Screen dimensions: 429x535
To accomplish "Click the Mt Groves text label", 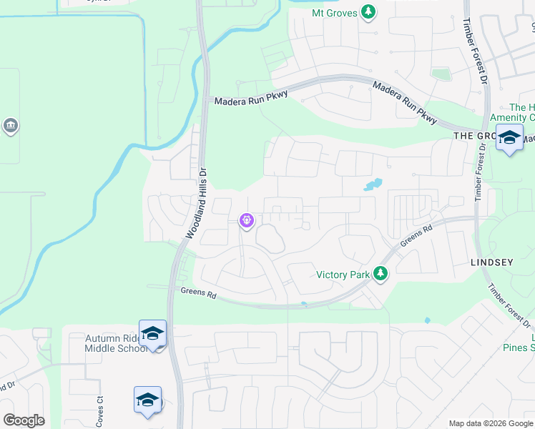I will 334,13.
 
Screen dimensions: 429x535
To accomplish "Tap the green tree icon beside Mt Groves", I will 368,12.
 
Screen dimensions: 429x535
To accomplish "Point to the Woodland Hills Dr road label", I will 196,204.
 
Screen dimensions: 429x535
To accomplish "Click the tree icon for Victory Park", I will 381,274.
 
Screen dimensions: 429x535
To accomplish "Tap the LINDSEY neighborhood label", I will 492,262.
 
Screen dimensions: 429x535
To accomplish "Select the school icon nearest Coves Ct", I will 147,400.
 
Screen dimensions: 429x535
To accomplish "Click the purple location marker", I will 247,221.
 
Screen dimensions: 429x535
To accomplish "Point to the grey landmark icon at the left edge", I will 10,127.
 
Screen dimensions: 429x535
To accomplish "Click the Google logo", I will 24,420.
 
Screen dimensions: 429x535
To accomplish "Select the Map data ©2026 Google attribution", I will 491,423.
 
